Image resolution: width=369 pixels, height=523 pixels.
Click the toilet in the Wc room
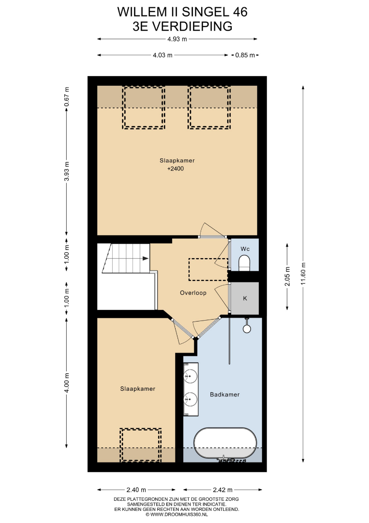(244, 263)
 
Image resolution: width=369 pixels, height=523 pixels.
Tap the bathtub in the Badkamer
(225, 443)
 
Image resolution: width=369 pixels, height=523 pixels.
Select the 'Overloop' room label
(193, 293)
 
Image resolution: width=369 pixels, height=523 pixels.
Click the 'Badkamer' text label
(225, 395)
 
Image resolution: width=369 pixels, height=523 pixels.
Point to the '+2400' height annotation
(176, 169)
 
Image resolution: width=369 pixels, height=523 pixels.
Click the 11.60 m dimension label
(303, 274)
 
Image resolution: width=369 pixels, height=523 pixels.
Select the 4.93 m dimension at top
(177, 39)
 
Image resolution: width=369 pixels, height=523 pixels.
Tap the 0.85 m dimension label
(245, 55)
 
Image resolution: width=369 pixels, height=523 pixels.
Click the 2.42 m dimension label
(223, 490)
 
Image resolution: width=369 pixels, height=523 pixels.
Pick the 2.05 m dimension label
(287, 276)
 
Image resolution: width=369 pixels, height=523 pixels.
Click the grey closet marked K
(245, 298)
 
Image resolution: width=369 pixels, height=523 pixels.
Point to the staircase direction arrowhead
(146, 258)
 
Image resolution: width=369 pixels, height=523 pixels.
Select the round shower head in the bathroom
(247, 329)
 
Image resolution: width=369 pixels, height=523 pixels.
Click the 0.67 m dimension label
(67, 97)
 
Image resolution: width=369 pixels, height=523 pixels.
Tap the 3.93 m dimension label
(67, 171)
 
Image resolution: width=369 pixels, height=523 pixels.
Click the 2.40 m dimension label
(136, 490)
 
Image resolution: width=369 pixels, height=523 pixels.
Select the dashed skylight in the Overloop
(208, 269)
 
